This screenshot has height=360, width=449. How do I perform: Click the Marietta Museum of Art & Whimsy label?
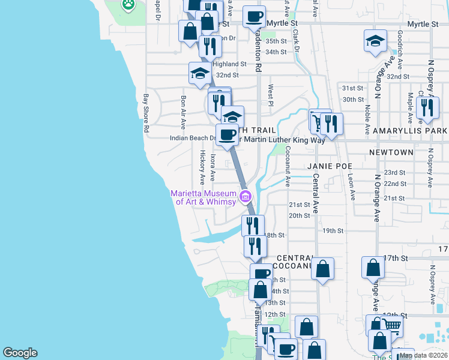tap(203, 197)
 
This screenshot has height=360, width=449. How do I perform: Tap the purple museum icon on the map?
tap(245, 196)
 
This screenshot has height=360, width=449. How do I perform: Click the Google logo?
tap(20, 353)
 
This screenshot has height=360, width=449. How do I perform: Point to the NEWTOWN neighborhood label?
tap(391, 152)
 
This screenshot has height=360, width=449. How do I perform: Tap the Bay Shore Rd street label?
tap(145, 113)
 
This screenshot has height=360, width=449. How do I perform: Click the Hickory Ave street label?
tap(202, 167)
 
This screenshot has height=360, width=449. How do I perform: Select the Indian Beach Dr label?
tap(192, 137)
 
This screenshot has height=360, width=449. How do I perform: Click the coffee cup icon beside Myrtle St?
tap(254, 16)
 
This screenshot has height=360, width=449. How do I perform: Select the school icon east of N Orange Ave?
tap(375, 41)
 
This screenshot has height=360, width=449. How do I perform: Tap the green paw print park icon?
tap(128, 5)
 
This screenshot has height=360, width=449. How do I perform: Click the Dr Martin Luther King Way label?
tap(282, 140)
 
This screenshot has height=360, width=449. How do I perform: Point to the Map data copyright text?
tap(423, 355)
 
